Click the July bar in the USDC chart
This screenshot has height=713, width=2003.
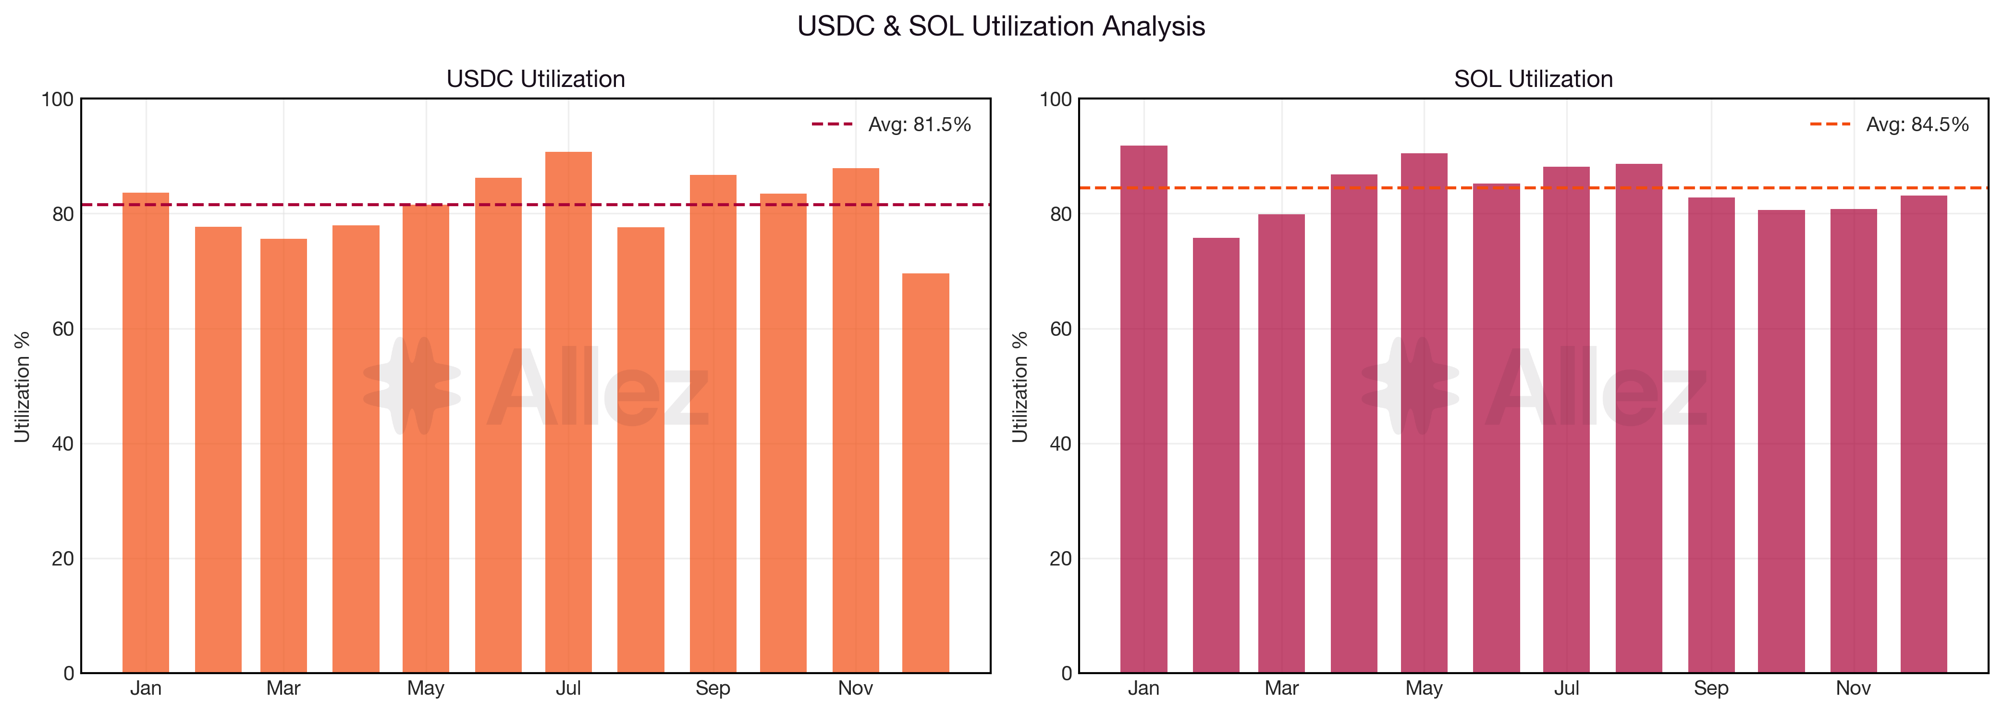pyautogui.click(x=568, y=412)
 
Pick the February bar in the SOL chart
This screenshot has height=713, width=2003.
pyautogui.click(x=1216, y=455)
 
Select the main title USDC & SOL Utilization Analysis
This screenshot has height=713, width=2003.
pyautogui.click(x=1001, y=26)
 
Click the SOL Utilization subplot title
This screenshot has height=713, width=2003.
pyautogui.click(x=1533, y=78)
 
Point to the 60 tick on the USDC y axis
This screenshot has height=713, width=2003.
pyautogui.click(x=62, y=329)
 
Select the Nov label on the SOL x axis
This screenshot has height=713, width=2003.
pyautogui.click(x=1853, y=688)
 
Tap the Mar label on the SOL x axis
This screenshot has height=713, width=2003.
pyautogui.click(x=1281, y=688)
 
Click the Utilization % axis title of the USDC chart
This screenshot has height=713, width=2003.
pyautogui.click(x=22, y=386)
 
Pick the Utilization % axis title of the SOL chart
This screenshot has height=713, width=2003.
pyautogui.click(x=1020, y=386)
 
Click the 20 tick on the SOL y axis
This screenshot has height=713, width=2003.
pyautogui.click(x=1060, y=558)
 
